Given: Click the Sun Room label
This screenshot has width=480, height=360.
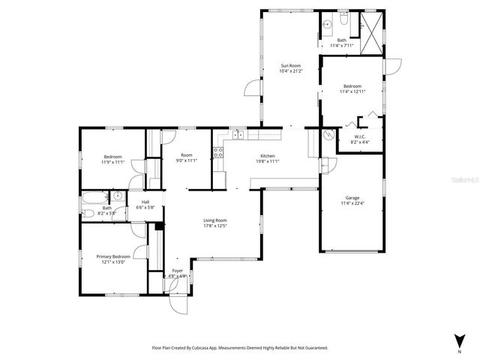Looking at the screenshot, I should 290,66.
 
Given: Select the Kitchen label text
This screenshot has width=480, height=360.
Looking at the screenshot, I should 268,155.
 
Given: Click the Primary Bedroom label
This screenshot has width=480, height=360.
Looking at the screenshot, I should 111,256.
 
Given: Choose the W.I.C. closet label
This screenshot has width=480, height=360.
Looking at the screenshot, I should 359,136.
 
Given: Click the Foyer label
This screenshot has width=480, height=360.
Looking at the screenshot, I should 177,270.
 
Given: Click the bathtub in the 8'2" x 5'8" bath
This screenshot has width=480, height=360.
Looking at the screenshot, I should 95,199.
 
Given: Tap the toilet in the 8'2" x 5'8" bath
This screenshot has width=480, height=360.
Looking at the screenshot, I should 88,214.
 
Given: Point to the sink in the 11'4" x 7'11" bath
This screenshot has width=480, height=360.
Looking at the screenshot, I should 328,25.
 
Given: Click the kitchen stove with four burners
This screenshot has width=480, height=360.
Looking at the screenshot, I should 218,154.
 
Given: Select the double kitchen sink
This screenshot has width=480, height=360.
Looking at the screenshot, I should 237,135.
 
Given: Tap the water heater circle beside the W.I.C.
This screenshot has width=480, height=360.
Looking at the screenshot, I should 328,136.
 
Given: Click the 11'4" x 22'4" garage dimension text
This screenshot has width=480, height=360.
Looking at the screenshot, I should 352,202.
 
